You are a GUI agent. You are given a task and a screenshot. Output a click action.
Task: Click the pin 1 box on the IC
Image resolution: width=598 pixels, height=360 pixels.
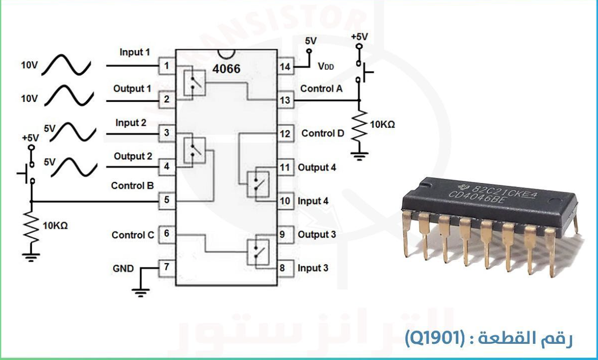click(167, 65)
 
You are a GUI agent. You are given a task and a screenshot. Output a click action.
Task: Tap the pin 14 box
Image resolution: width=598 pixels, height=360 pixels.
click(284, 66)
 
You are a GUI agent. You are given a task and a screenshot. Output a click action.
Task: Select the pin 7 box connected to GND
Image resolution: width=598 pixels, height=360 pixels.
click(167, 268)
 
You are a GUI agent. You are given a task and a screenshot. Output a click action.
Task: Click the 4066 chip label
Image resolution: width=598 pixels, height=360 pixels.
click(226, 68)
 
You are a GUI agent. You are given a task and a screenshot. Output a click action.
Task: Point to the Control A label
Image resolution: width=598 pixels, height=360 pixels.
click(321, 89)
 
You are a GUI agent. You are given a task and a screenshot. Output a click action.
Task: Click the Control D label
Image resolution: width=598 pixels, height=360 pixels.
click(323, 133)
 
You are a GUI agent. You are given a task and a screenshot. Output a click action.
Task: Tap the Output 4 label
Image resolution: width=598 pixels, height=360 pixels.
click(317, 167)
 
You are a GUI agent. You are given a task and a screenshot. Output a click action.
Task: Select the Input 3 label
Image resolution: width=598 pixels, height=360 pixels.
click(313, 268)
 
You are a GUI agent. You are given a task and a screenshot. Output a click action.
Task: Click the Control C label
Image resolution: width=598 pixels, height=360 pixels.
click(133, 235)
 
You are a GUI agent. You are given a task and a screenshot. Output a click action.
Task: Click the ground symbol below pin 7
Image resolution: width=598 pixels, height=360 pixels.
click(141, 293)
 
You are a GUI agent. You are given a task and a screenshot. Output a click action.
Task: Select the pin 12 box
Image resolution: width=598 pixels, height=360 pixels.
click(284, 133)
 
